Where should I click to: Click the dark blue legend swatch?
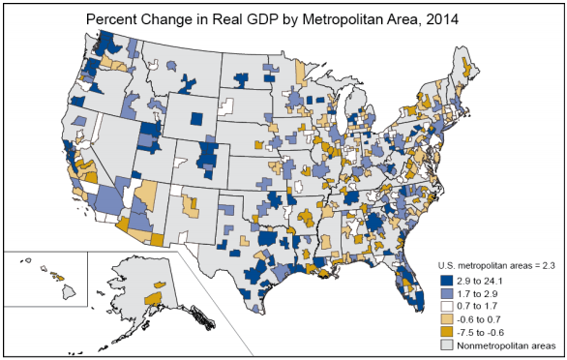coord(448,279)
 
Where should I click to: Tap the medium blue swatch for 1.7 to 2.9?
coord(448,291)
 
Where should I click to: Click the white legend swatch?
coord(448,304)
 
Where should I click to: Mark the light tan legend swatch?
coord(448,317)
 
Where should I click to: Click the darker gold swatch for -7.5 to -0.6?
coord(448,330)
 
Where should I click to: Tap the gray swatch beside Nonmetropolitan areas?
coord(448,344)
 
